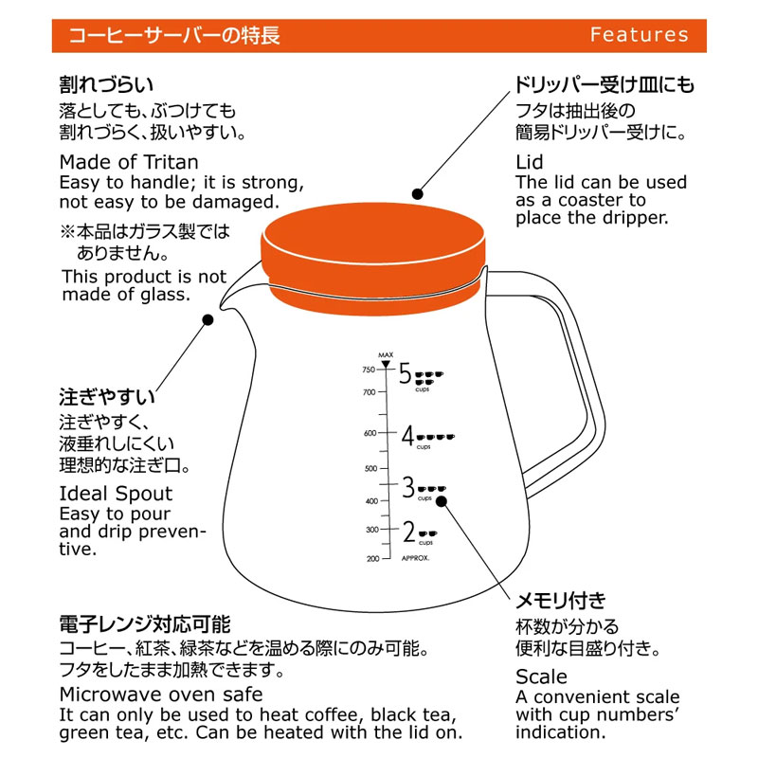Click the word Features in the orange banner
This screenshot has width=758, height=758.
tap(639, 35)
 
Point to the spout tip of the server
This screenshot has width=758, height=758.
tap(223, 306)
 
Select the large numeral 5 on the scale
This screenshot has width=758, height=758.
tap(406, 373)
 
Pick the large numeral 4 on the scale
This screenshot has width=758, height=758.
tap(408, 436)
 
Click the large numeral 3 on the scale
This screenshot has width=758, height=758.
tap(408, 487)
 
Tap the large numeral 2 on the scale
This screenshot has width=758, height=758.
tap(409, 532)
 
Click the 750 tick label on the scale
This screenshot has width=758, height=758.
tap(369, 370)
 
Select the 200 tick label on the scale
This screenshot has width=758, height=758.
tap(372, 559)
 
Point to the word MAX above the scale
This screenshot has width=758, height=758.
tap(386, 354)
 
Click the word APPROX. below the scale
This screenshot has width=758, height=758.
tap(415, 558)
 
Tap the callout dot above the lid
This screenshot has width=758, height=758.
tap(418, 194)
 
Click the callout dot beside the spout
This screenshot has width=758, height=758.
tap(208, 319)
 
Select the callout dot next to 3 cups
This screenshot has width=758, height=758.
tap(442, 501)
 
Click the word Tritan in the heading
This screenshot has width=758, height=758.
tap(171, 162)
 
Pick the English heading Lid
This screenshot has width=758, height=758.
tap(530, 162)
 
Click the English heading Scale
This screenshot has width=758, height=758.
tap(541, 677)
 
